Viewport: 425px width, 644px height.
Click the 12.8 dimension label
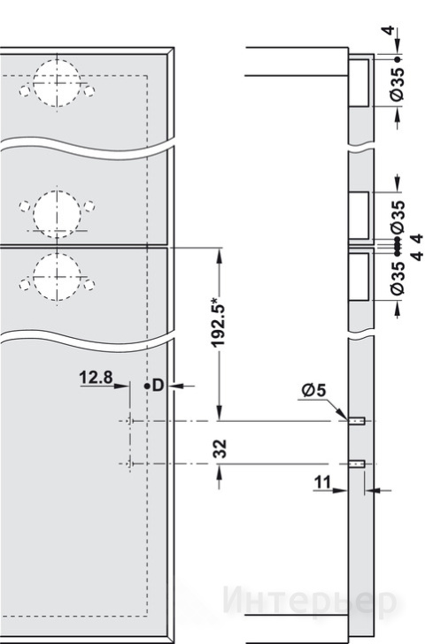coord(96,377)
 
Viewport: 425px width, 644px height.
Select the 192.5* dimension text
coord(219,320)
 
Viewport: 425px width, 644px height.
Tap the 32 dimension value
coord(220,448)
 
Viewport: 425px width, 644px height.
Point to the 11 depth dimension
coord(322,482)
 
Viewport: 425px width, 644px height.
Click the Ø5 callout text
coord(313,390)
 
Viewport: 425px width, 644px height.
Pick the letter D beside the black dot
coord(158,386)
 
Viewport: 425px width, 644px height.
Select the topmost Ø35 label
coord(398,84)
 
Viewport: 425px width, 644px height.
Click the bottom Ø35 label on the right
coord(398,278)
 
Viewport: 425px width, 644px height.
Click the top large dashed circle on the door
coord(57,59)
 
